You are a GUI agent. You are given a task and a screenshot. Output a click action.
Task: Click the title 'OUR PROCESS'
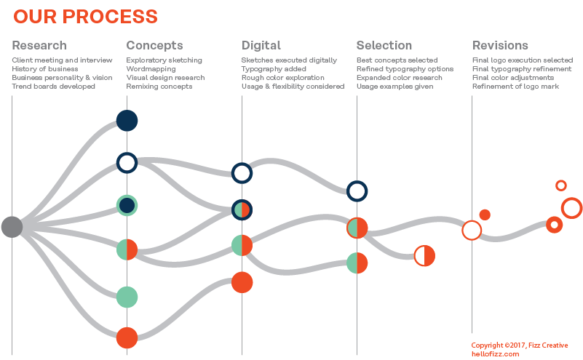click(x=85, y=17)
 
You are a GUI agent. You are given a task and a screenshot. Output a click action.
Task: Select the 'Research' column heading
click(x=39, y=45)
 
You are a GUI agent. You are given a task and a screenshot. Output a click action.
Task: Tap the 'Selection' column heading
click(x=384, y=45)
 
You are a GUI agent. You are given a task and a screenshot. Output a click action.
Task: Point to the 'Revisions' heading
click(x=500, y=45)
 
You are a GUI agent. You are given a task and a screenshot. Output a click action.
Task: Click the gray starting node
click(x=12, y=227)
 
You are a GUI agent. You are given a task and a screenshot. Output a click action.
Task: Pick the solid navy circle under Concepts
click(x=127, y=121)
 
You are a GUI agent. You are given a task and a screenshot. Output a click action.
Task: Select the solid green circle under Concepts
click(x=127, y=297)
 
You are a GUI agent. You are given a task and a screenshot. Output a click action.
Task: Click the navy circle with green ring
click(x=127, y=205)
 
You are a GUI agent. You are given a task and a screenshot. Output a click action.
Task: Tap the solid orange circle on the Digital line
click(x=242, y=282)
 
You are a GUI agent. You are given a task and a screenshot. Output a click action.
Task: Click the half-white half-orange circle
click(x=424, y=255)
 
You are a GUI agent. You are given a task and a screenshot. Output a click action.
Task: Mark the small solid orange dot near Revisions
click(x=485, y=215)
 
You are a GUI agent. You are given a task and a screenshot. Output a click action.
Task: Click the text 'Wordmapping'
click(x=151, y=69)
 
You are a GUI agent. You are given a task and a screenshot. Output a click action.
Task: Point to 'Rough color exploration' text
click(x=283, y=78)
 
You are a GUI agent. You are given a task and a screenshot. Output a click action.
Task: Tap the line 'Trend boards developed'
click(x=54, y=87)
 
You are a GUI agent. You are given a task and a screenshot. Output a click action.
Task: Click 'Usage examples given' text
click(x=395, y=87)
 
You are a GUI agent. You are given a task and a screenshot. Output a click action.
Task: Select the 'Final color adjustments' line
click(x=513, y=78)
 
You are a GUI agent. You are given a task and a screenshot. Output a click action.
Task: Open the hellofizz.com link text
click(x=495, y=354)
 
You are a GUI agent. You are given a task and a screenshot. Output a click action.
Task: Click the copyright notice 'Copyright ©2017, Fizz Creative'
click(x=520, y=345)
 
